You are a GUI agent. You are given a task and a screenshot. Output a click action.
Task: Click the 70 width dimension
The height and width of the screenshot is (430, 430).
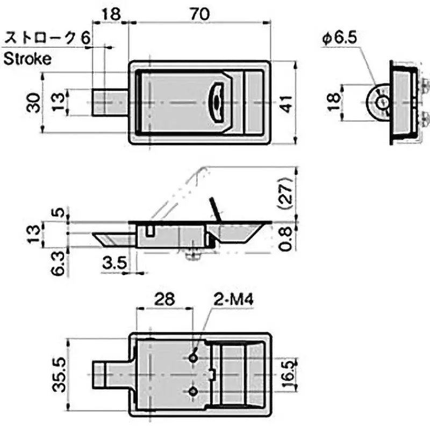point(199,16)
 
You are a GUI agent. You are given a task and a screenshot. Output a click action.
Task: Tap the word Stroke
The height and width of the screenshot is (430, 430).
point(28,59)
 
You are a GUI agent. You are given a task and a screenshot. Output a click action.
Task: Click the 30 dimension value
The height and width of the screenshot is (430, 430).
point(33,102)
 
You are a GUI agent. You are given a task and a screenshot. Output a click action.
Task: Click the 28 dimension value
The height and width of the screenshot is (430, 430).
point(164,298)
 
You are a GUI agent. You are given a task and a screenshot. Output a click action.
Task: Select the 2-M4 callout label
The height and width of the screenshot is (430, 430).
point(235,298)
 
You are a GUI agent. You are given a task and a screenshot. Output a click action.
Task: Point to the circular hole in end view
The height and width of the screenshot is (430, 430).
point(382,103)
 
